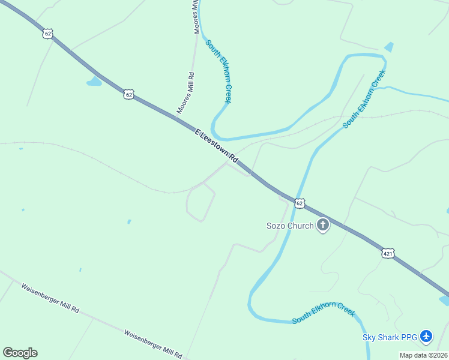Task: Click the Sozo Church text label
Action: (x=290, y=226)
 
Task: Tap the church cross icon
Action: (x=323, y=225)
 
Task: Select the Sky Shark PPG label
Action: (x=390, y=337)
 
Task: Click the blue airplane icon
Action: (x=426, y=337)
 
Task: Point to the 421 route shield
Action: (x=388, y=254)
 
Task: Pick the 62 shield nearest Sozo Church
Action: (x=300, y=203)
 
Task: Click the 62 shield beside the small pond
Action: (x=128, y=94)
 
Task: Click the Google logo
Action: (x=20, y=353)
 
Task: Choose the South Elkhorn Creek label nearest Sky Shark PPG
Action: (x=324, y=313)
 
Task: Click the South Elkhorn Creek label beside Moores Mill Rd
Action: (x=218, y=71)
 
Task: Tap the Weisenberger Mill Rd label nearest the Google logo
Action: (x=50, y=298)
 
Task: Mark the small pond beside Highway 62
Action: (x=94, y=81)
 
